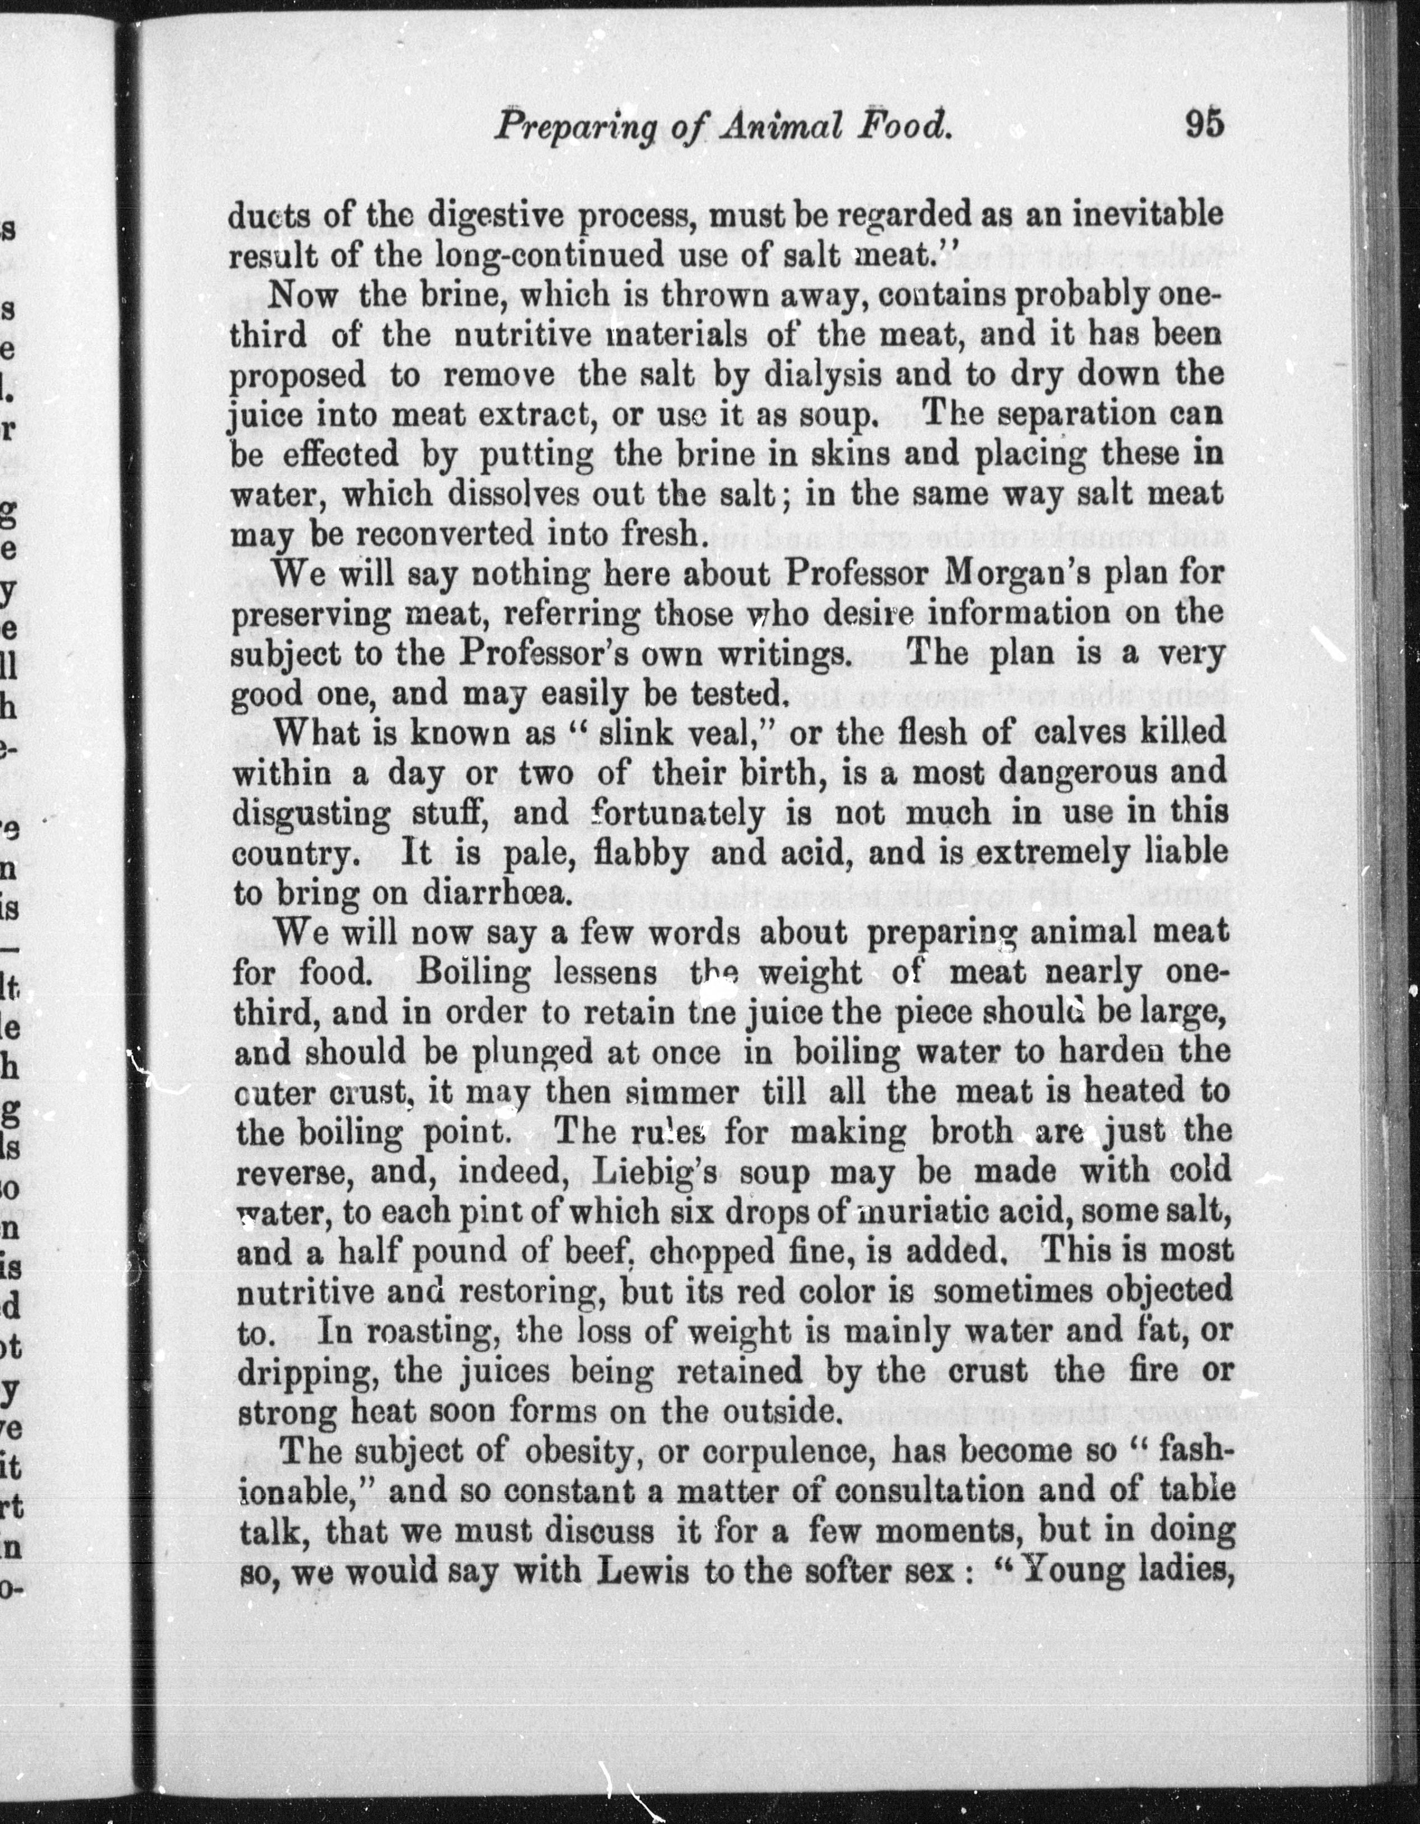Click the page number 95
[x=1202, y=124]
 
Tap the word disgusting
[x=311, y=813]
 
